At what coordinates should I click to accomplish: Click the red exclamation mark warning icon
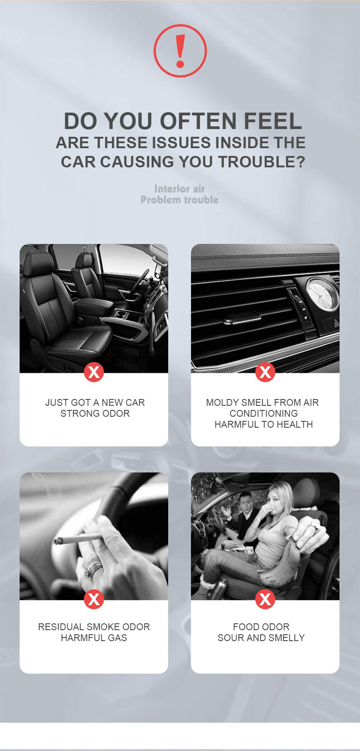pyautogui.click(x=180, y=51)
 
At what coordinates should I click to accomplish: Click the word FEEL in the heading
pyautogui.click(x=273, y=121)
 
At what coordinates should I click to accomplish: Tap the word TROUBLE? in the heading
pyautogui.click(x=262, y=161)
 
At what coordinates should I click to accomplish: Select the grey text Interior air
pyautogui.click(x=180, y=189)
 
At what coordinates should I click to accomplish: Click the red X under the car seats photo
pyautogui.click(x=94, y=372)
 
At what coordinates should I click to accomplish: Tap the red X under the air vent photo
pyautogui.click(x=265, y=372)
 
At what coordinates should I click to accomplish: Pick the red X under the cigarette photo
pyautogui.click(x=94, y=599)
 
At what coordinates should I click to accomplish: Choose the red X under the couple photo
pyautogui.click(x=265, y=599)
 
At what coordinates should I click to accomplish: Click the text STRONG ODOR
pyautogui.click(x=95, y=414)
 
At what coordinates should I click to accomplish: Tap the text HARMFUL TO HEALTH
pyautogui.click(x=263, y=425)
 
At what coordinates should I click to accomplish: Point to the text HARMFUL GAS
pyautogui.click(x=94, y=637)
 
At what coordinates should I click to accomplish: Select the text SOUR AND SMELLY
pyautogui.click(x=261, y=637)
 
